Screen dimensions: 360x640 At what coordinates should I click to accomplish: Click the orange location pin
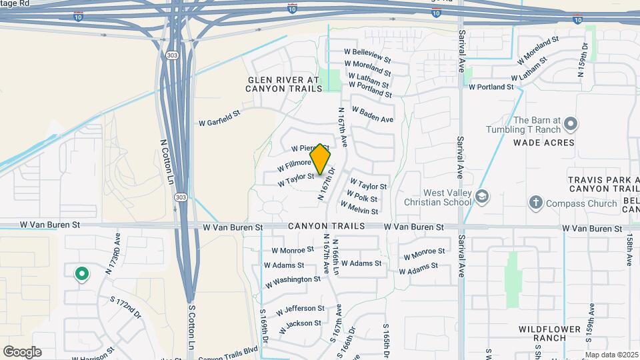(x=320, y=159)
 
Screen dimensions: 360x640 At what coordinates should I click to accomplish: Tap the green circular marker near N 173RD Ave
(x=81, y=273)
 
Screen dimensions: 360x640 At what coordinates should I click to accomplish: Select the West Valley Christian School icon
(x=483, y=197)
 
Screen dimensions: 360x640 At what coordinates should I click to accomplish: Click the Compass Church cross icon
(x=535, y=202)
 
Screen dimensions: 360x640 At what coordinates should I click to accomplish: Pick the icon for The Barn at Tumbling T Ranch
(x=570, y=124)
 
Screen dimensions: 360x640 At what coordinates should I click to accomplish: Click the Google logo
(x=22, y=352)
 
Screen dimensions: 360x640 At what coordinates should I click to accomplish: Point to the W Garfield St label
(x=219, y=123)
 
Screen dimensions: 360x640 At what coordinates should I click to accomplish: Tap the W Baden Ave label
(x=372, y=114)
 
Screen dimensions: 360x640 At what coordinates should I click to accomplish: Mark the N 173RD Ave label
(x=112, y=254)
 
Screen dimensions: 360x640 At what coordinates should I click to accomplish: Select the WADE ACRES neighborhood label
(x=544, y=143)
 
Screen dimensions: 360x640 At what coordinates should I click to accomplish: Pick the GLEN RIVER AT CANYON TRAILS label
(x=284, y=83)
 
